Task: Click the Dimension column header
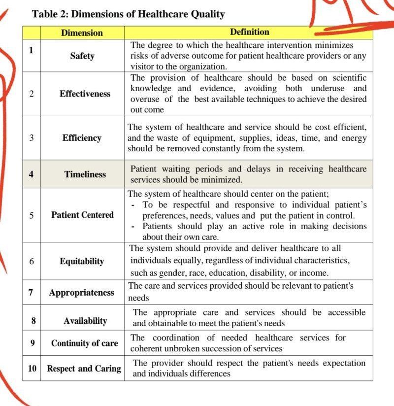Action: tap(82, 33)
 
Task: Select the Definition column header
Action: tap(249, 32)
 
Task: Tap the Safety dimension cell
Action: tap(82, 56)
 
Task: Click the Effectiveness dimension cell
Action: tap(85, 94)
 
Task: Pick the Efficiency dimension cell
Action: tap(82, 138)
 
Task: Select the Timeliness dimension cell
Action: tap(85, 174)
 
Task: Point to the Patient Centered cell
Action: tap(82, 215)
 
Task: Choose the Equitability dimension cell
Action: tap(82, 261)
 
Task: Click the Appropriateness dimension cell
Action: tap(81, 293)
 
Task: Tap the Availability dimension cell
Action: tap(85, 321)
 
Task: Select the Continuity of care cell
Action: tap(84, 343)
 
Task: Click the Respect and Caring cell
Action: tap(84, 369)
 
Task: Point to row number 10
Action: tap(32, 368)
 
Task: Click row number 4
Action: tap(31, 173)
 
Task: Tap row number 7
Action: tap(31, 292)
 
